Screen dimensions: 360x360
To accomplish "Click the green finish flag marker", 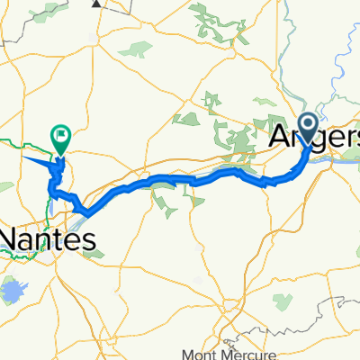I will point(62,139).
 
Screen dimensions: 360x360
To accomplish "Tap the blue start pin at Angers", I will point(307,127).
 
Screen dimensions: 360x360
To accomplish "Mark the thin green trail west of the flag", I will point(18,142).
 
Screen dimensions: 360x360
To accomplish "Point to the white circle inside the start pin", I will point(307,123).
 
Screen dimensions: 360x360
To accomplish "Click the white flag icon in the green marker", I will point(62,137).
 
